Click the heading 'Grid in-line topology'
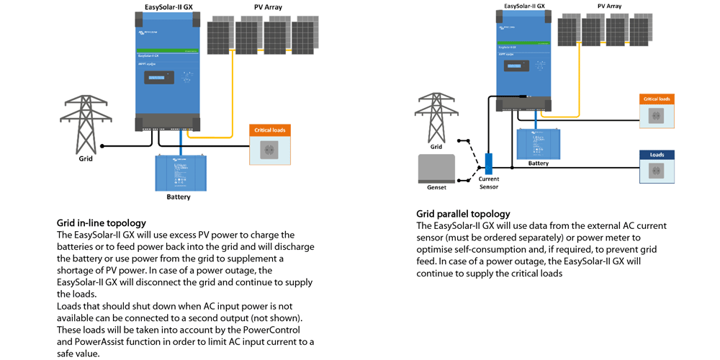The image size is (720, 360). [x=101, y=223]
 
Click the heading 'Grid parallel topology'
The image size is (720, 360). [x=463, y=214]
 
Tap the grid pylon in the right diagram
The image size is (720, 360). [x=436, y=117]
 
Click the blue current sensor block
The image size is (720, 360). [x=488, y=163]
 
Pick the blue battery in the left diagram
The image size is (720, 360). [x=180, y=173]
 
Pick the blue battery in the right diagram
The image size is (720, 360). [x=538, y=143]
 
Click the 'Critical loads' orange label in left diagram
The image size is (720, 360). [x=270, y=130]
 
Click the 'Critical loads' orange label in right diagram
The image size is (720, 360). [x=657, y=99]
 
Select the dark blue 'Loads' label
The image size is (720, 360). [x=657, y=155]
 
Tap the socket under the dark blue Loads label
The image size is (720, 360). [x=657, y=171]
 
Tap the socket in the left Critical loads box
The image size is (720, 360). [x=270, y=149]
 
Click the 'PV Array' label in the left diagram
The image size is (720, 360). [x=268, y=7]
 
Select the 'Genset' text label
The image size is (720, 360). [x=436, y=187]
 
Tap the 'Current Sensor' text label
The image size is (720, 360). [x=488, y=183]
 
